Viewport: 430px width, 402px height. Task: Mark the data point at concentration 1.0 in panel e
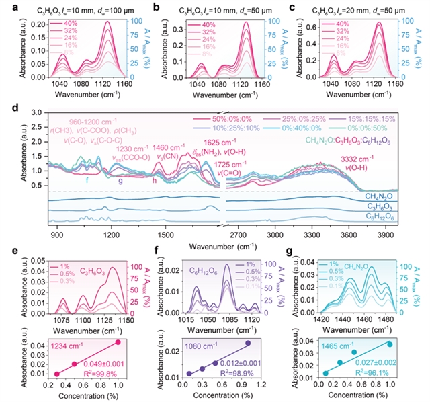pyautogui.click(x=118, y=342)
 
